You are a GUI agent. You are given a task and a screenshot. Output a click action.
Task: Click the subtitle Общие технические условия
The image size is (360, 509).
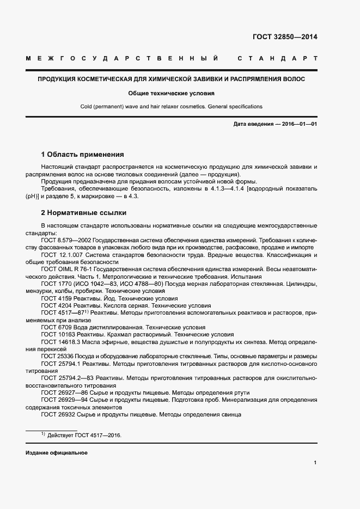coord(171,93)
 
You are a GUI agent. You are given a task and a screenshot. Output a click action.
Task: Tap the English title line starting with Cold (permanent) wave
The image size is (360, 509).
coord(171,107)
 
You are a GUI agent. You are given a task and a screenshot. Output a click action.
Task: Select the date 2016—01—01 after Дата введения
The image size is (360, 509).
coord(300,125)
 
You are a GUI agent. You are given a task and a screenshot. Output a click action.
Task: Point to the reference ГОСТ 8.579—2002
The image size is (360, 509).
coord(66,240)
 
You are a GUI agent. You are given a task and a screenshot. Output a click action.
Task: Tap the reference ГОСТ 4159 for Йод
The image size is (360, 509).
coord(55,299)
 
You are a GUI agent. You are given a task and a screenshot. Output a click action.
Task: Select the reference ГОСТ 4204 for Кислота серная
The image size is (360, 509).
coord(55,306)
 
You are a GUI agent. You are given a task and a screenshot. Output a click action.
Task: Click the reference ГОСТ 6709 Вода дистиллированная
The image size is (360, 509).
coord(55,327)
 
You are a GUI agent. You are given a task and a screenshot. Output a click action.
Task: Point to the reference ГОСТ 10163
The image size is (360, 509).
coord(57,334)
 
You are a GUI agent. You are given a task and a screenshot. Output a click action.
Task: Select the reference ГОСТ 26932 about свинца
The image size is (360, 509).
coord(57,414)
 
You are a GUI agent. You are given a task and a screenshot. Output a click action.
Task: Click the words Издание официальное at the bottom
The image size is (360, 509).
coord(56,453)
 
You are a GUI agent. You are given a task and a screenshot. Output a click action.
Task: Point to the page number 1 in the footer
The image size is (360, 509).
coord(315,463)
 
